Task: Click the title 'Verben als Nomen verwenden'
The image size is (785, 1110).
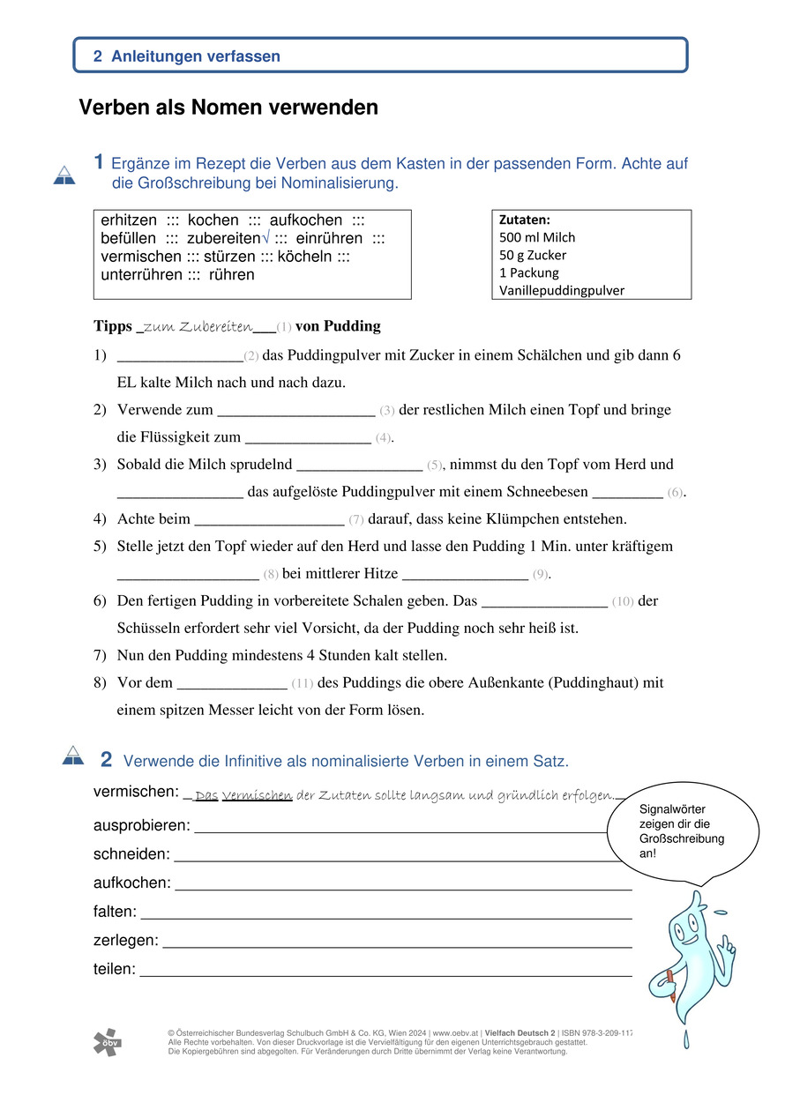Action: pos(228,108)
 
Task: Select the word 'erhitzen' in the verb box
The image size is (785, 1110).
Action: pos(130,220)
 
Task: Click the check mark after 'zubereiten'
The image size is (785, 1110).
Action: pos(266,239)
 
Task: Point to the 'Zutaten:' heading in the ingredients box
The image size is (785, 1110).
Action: pos(525,220)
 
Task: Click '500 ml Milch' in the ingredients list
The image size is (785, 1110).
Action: pos(537,238)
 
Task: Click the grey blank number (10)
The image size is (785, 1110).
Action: pos(622,601)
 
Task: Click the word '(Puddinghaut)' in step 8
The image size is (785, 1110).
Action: pos(595,682)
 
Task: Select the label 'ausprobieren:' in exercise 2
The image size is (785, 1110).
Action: pos(141,826)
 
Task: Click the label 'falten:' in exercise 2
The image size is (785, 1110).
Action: pos(115,912)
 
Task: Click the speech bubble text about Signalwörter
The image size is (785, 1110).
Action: pos(682,831)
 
